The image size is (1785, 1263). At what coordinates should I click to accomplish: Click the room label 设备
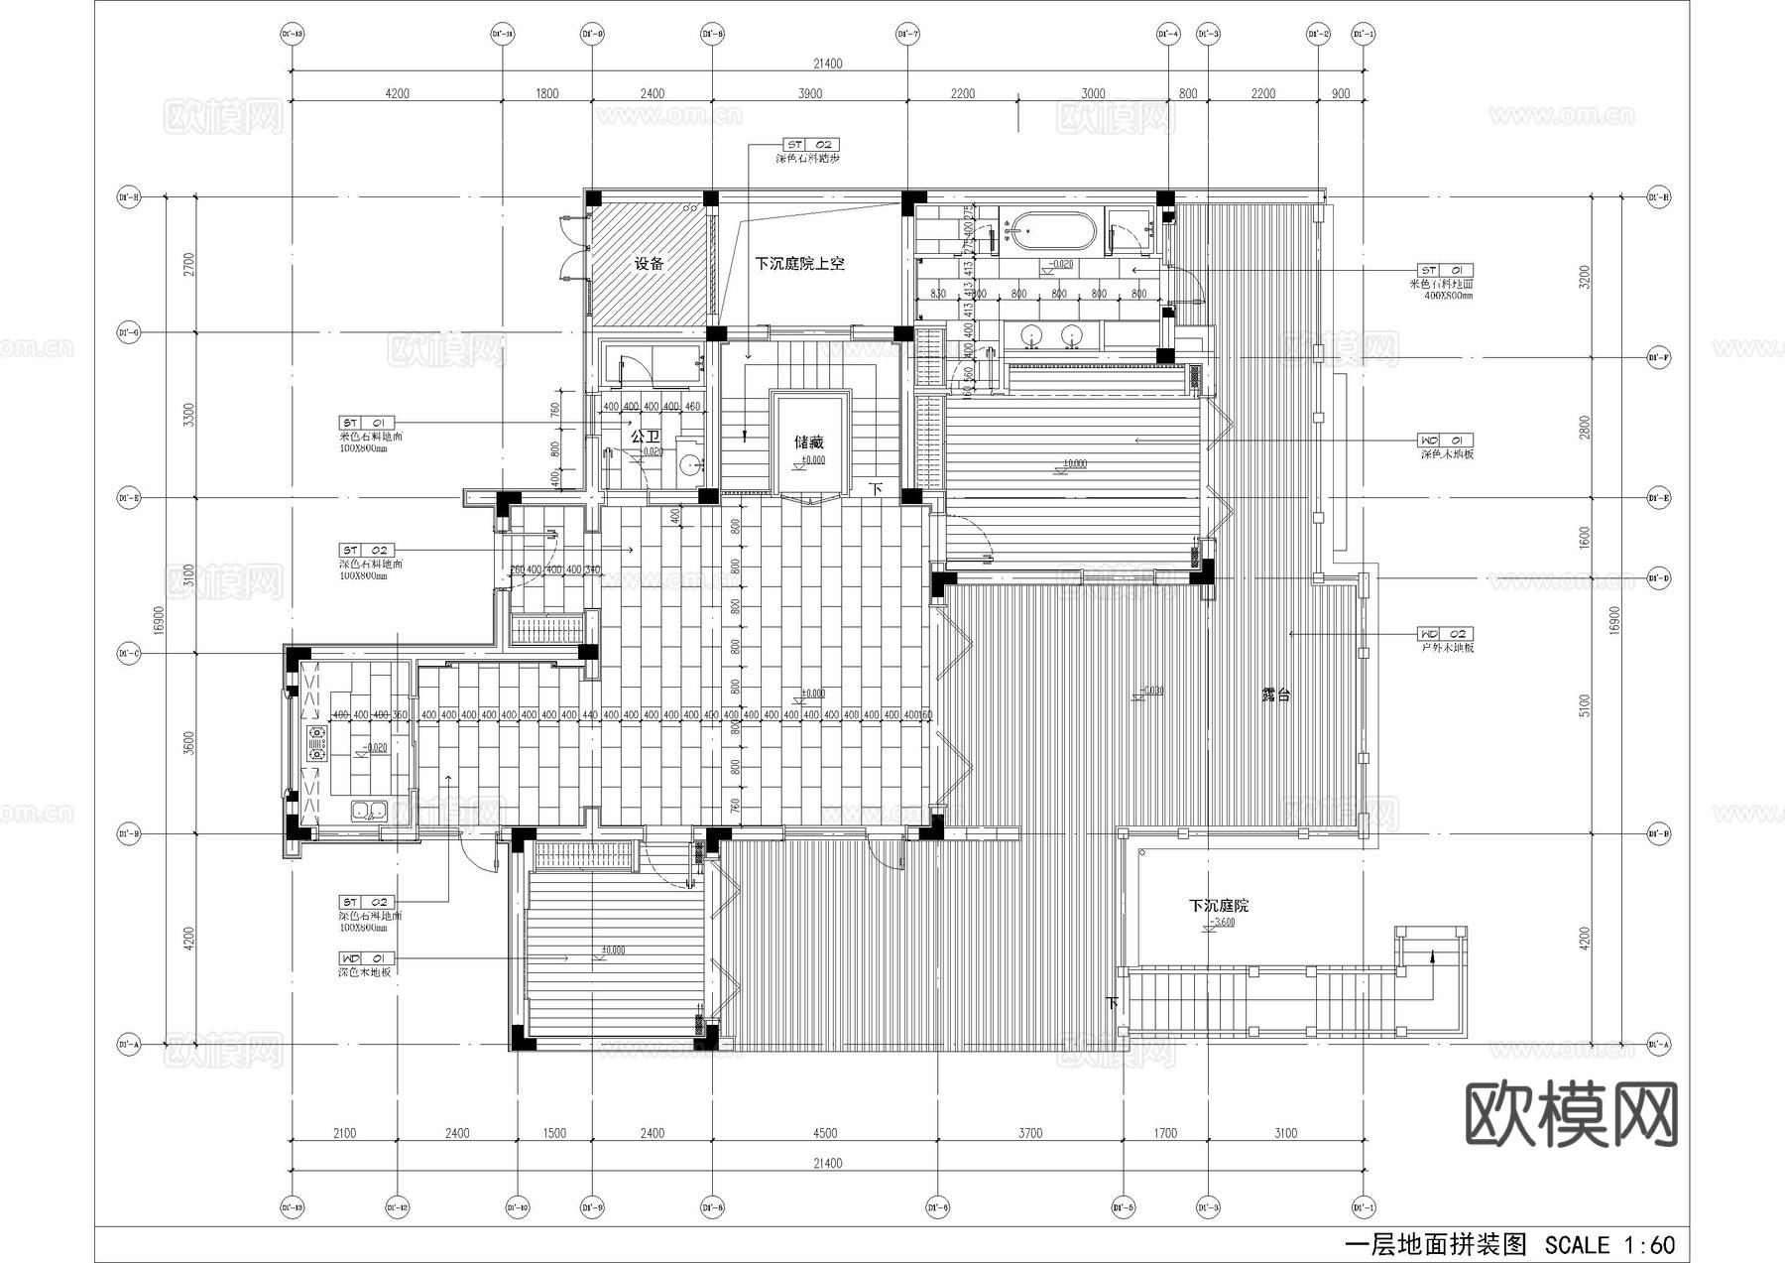point(649,264)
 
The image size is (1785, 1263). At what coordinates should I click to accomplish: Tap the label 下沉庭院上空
point(799,264)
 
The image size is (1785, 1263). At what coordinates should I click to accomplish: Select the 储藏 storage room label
point(808,442)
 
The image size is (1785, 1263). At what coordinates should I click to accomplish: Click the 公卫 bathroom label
point(645,436)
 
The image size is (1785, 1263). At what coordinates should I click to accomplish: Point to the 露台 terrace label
point(1275,695)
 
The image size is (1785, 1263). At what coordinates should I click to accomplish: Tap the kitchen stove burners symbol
point(316,743)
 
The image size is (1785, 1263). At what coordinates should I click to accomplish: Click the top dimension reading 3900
point(809,93)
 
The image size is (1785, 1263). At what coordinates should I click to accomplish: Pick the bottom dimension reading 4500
point(824,1133)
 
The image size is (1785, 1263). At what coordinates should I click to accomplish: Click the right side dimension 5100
point(1584,705)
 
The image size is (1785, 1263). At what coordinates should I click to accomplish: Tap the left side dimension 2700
point(189,264)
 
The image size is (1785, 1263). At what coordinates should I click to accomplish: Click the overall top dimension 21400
point(827,63)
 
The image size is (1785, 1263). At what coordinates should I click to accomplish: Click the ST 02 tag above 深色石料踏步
point(810,145)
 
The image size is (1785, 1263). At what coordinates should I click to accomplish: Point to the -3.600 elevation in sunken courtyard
point(1224,923)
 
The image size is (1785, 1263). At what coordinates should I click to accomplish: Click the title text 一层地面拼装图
point(1434,1245)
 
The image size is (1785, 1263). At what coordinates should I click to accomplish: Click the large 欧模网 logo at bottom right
point(1571,1113)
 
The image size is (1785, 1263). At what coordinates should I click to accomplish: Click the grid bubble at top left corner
point(292,34)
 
